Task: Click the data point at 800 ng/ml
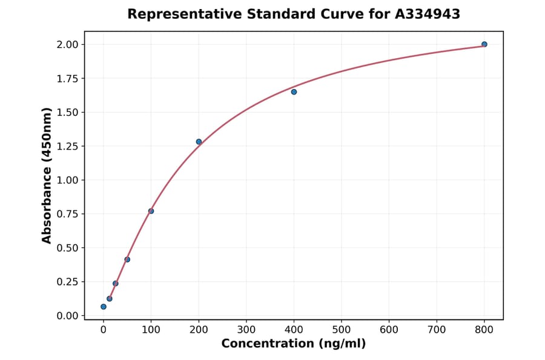(484, 44)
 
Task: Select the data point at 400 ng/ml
(294, 92)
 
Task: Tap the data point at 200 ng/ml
(199, 142)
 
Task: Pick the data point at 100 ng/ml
(151, 211)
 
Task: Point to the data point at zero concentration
(104, 307)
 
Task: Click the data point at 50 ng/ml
(127, 259)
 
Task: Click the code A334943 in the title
(428, 14)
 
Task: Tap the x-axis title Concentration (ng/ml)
(294, 344)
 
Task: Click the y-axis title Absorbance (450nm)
(47, 176)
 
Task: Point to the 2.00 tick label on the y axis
(67, 44)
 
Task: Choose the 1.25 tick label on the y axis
(67, 146)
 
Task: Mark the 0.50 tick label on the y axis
(67, 248)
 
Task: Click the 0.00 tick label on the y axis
(67, 316)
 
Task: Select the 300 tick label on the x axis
(246, 330)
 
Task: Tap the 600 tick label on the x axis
(389, 330)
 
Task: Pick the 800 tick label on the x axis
(484, 330)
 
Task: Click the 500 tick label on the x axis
(342, 330)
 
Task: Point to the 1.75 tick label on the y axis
(67, 78)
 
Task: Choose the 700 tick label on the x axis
(437, 330)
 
